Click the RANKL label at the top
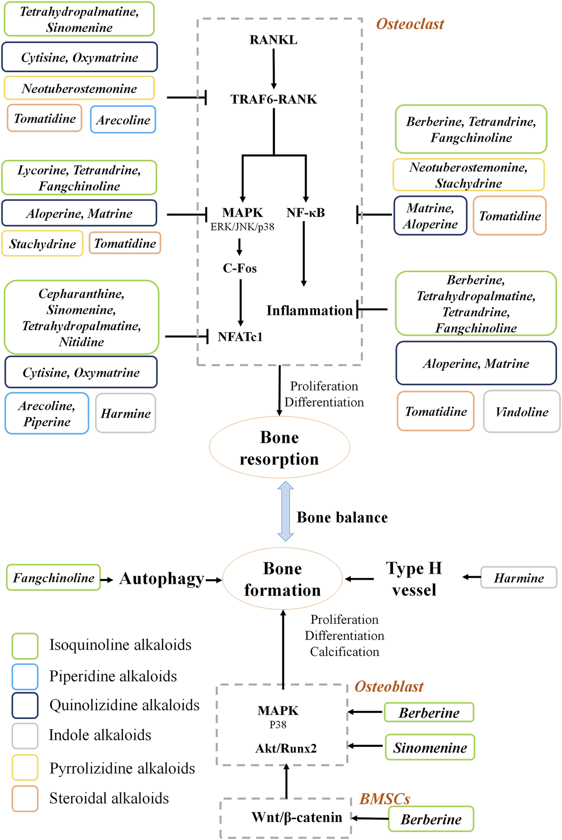click(x=273, y=40)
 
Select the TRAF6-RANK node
click(x=274, y=99)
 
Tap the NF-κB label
click(x=305, y=212)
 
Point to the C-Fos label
click(x=240, y=268)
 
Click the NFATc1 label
click(x=240, y=337)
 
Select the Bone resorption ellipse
click(x=279, y=447)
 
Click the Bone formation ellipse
click(x=283, y=579)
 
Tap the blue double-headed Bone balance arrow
click(x=286, y=511)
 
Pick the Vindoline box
click(x=521, y=412)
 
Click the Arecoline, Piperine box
click(x=47, y=413)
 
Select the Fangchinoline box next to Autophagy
click(x=54, y=577)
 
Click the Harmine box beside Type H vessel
click(x=519, y=578)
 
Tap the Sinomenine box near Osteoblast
click(x=430, y=747)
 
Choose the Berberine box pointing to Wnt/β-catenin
click(x=431, y=819)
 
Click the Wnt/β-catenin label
click(x=297, y=817)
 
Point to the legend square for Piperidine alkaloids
click(x=25, y=676)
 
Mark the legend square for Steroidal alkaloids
click(x=25, y=799)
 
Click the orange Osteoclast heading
click(x=410, y=24)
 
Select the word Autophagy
click(x=162, y=579)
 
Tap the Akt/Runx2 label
click(x=286, y=748)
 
